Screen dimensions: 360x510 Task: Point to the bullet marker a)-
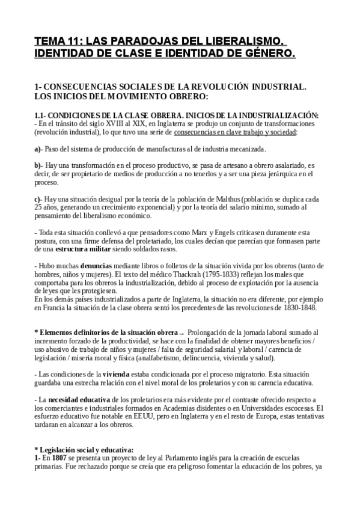tap(38, 149)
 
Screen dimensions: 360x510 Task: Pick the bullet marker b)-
tap(38, 165)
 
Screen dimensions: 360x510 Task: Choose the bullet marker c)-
tap(38, 199)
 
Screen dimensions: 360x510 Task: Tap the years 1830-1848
tap(307, 308)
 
